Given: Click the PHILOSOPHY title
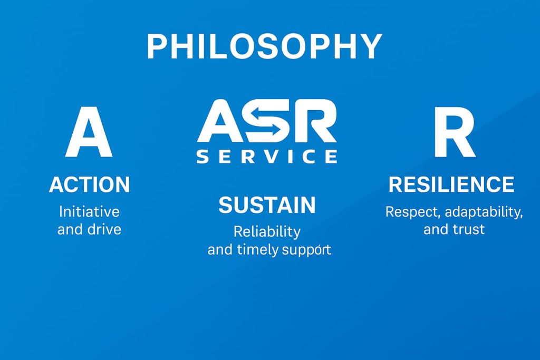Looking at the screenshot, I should [x=264, y=46].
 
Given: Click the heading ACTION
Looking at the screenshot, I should [x=89, y=185].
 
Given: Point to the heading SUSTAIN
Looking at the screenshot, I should [x=267, y=205].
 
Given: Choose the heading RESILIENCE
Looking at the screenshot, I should [x=451, y=184].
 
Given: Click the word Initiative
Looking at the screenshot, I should [x=89, y=212].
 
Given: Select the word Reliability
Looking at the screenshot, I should [x=267, y=231].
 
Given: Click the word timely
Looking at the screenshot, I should [x=256, y=249].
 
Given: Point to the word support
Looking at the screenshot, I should [x=306, y=249].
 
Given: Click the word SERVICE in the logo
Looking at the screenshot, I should [x=267, y=156].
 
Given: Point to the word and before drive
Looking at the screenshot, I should [x=69, y=230].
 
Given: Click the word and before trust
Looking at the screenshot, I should [x=436, y=230].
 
